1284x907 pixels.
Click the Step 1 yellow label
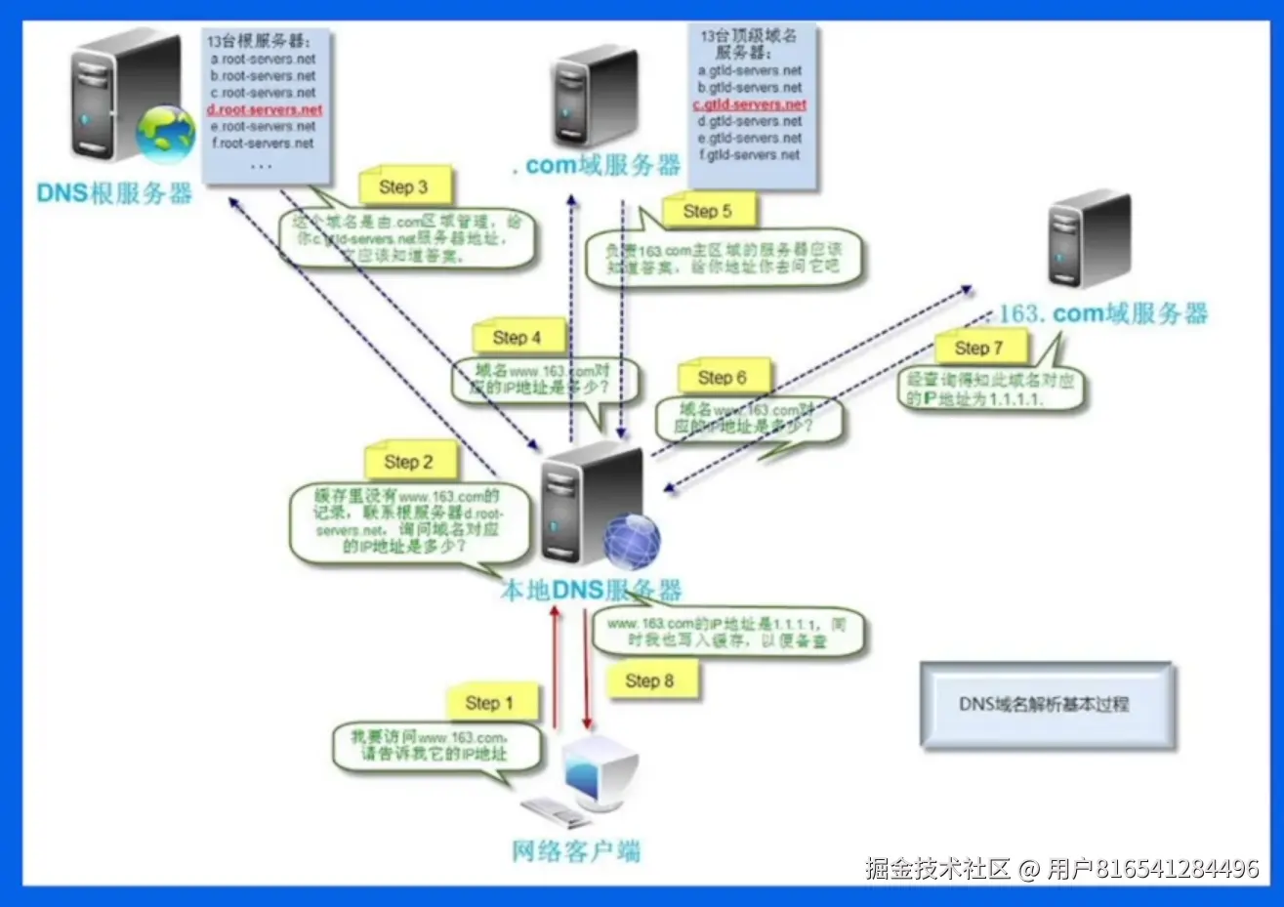click(x=490, y=703)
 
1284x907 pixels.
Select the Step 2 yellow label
click(x=409, y=462)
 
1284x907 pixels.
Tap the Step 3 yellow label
click(x=403, y=186)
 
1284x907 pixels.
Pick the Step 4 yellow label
click(x=518, y=338)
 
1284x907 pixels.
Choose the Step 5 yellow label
click(x=708, y=211)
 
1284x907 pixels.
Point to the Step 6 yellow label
click(x=723, y=378)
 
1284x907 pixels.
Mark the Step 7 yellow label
click(x=979, y=348)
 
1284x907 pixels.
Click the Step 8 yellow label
click(x=650, y=680)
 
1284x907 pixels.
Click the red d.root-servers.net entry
click(x=265, y=109)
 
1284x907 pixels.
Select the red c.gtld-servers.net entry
click(x=750, y=104)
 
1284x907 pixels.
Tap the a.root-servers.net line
click(x=264, y=59)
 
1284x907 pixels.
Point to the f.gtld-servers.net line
click(x=750, y=154)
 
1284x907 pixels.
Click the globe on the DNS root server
click(x=165, y=134)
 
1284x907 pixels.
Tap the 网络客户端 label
click(x=576, y=850)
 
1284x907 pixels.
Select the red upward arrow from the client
click(x=556, y=669)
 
